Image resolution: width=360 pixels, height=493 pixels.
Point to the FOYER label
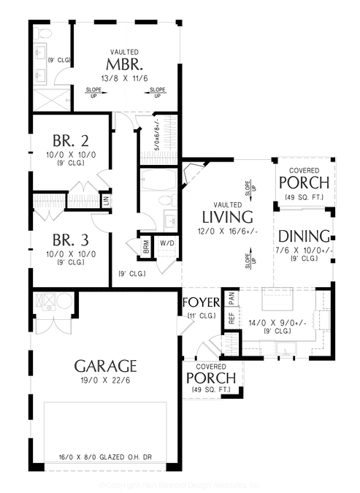(x=200, y=302)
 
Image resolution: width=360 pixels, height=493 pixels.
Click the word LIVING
(x=227, y=217)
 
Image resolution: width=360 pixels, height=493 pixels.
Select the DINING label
(x=305, y=237)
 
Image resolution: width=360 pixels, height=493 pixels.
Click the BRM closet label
(x=147, y=248)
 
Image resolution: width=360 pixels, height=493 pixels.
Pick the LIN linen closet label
(x=107, y=199)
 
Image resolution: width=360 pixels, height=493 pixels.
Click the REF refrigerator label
(x=231, y=318)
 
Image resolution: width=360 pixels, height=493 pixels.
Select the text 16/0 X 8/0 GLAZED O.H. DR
(x=107, y=459)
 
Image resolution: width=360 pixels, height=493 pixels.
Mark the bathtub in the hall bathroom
(x=155, y=180)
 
